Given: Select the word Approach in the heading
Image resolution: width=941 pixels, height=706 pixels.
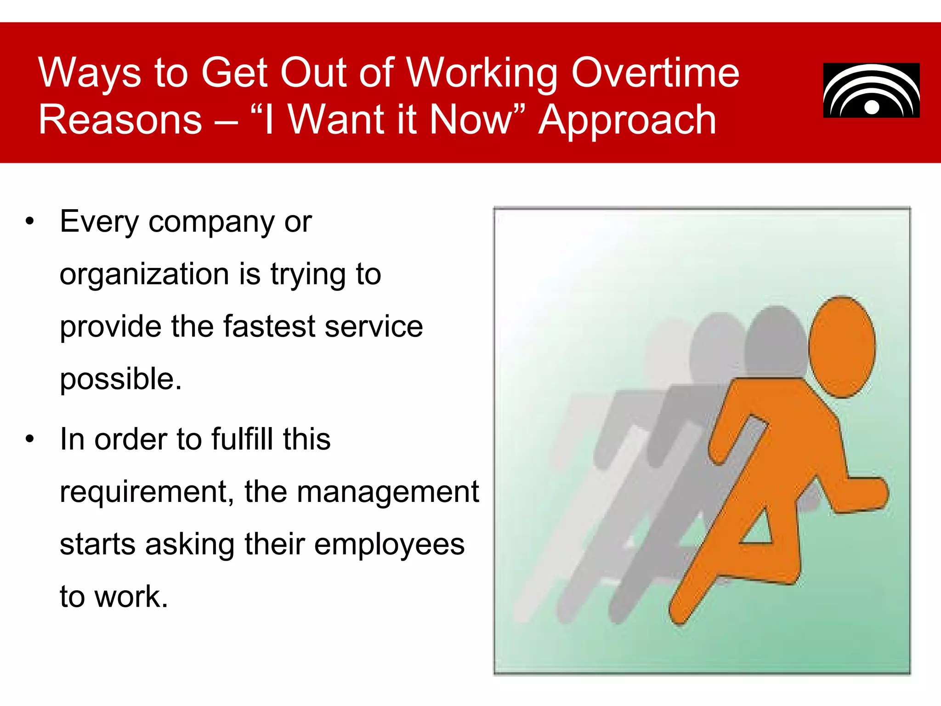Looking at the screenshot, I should (627, 120).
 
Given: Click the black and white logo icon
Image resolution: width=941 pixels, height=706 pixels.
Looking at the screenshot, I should (871, 91).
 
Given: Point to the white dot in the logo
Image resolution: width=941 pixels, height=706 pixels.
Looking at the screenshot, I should (872, 107).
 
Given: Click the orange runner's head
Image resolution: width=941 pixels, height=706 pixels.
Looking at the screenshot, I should (842, 347).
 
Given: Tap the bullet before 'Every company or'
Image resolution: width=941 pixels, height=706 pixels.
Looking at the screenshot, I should (30, 222).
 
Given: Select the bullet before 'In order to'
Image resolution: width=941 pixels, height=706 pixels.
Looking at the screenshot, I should (30, 439).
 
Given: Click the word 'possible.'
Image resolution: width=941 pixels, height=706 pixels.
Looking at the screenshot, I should (121, 380).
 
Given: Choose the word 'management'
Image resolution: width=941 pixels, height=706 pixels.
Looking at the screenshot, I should (388, 492).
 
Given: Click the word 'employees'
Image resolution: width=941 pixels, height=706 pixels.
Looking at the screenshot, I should (389, 545).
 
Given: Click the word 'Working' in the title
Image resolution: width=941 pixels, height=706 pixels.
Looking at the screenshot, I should (482, 74).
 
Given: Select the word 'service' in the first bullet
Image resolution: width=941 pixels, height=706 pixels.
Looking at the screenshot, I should (373, 327).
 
